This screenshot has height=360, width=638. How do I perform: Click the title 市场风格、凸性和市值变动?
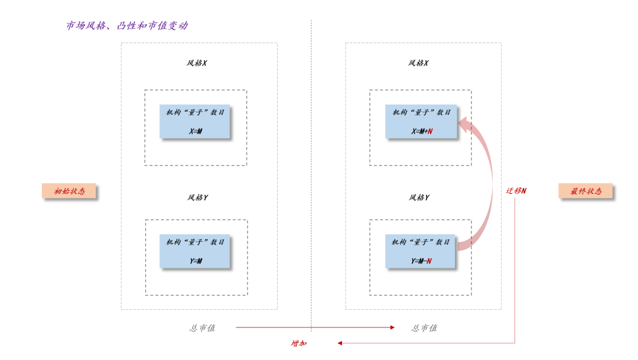click(x=127, y=26)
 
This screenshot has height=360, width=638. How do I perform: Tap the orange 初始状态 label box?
click(x=69, y=191)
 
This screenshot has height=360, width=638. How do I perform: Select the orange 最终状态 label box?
click(x=585, y=191)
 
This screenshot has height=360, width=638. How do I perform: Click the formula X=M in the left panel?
click(x=196, y=131)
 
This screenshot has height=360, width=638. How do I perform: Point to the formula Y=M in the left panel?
click(x=196, y=261)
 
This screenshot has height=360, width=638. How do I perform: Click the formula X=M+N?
click(x=422, y=131)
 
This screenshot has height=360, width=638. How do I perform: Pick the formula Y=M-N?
click(x=421, y=261)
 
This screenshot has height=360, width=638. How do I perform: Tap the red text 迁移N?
click(x=516, y=191)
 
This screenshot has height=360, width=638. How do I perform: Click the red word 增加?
click(x=299, y=343)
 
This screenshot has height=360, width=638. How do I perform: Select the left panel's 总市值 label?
click(x=202, y=327)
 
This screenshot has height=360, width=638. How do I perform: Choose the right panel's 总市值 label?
click(x=424, y=327)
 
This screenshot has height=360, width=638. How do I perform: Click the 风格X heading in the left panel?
click(x=197, y=63)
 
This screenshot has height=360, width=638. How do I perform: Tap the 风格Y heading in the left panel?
click(x=197, y=197)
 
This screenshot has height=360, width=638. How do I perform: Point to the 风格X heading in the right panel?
click(x=418, y=63)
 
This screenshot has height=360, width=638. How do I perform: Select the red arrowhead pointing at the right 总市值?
click(x=392, y=327)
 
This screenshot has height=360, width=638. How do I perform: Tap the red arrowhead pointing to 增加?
click(x=340, y=343)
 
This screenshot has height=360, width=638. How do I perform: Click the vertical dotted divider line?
click(x=311, y=177)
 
